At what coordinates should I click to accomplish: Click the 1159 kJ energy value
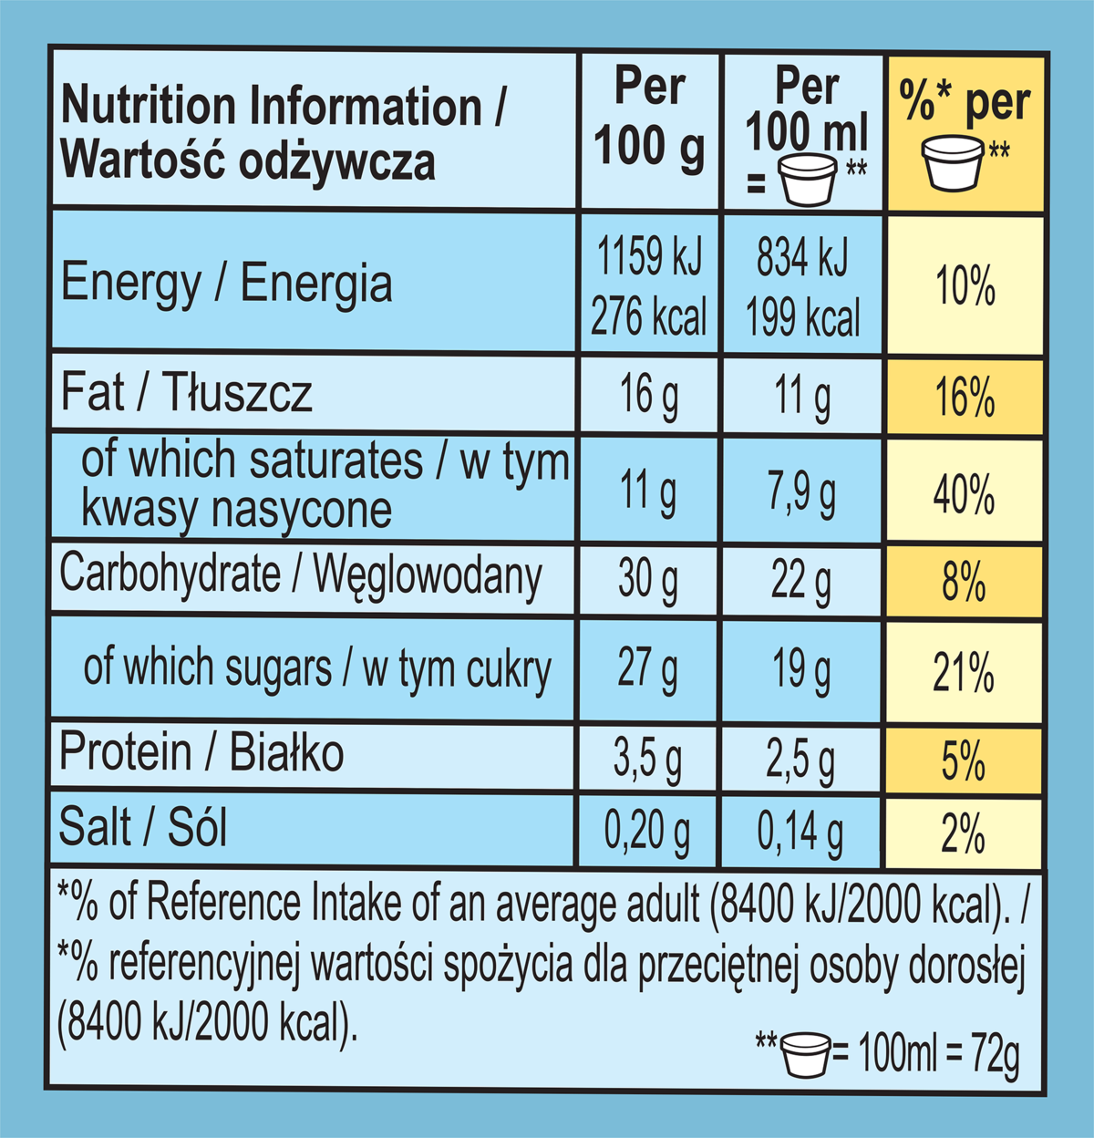(x=649, y=256)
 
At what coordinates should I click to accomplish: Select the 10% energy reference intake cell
(x=965, y=286)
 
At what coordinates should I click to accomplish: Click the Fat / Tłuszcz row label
(x=187, y=393)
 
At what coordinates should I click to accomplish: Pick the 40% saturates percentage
(x=964, y=494)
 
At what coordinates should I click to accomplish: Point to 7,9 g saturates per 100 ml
(x=802, y=492)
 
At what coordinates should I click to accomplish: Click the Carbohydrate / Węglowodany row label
(x=300, y=576)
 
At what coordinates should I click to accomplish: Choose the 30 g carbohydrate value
(x=648, y=579)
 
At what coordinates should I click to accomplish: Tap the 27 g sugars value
(x=648, y=668)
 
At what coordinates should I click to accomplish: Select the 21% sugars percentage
(x=964, y=673)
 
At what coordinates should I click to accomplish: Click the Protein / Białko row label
(x=201, y=754)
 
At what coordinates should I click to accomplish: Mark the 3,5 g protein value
(x=647, y=760)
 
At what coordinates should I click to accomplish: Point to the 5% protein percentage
(x=964, y=760)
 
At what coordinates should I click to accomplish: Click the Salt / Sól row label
(x=142, y=828)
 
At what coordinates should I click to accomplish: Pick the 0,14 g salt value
(x=800, y=832)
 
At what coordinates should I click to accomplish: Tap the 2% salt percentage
(x=963, y=833)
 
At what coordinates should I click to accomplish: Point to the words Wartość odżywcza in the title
(x=248, y=161)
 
